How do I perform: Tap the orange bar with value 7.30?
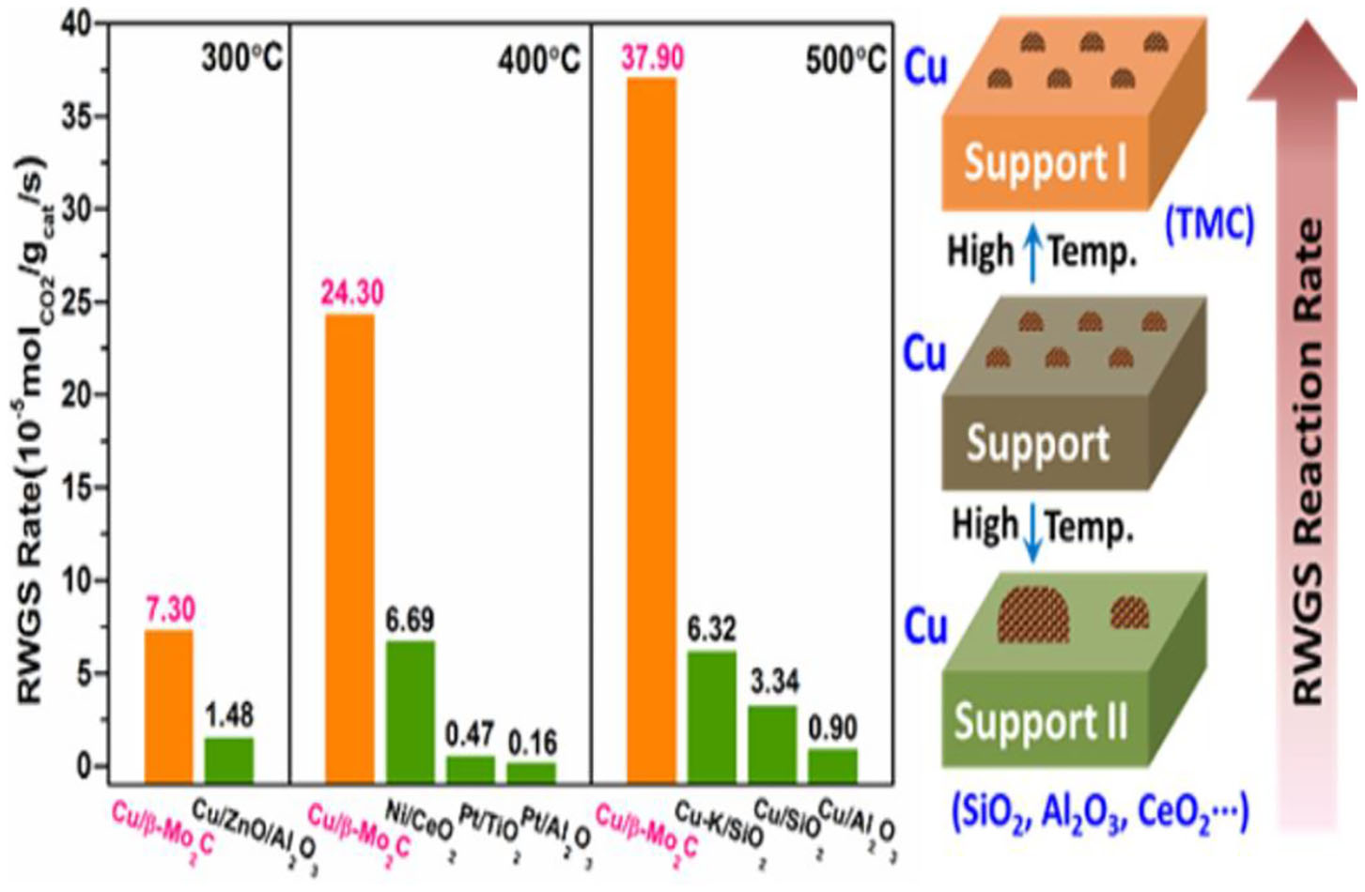[x=169, y=705]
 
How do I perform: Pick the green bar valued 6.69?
[x=411, y=711]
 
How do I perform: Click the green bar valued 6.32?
[x=712, y=715]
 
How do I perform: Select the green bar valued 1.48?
[x=229, y=760]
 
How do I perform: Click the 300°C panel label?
[x=240, y=59]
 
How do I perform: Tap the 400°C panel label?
[x=538, y=61]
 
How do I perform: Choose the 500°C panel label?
[x=845, y=61]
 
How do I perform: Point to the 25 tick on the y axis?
[x=77, y=302]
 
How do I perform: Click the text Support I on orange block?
[x=1045, y=164]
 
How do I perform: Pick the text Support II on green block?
[x=1040, y=721]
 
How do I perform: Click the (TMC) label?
[x=1208, y=224]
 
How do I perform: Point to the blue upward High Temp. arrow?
[x=1032, y=254]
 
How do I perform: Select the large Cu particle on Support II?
[x=1033, y=615]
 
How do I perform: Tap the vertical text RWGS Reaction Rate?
[x=1307, y=460]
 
